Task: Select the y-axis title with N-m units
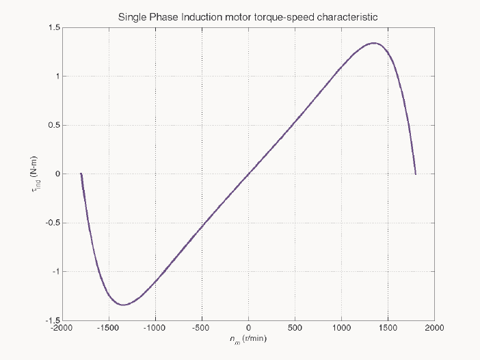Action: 35,174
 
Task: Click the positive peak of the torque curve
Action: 374,43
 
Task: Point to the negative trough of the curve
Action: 123,305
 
